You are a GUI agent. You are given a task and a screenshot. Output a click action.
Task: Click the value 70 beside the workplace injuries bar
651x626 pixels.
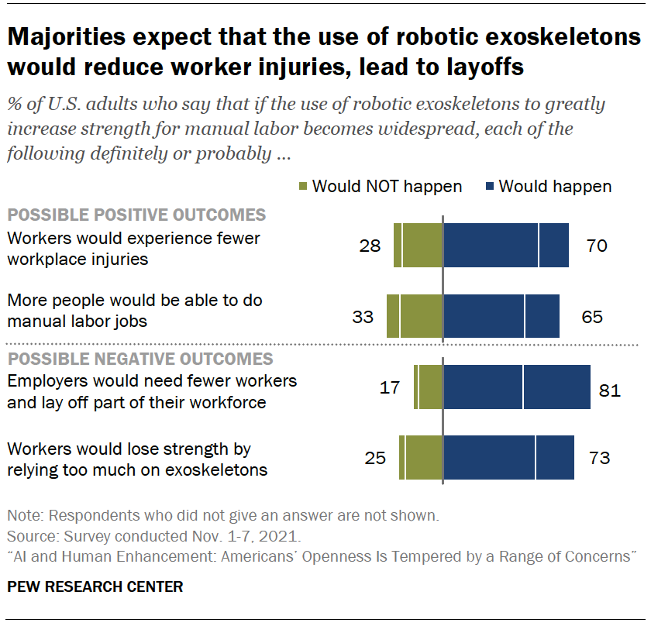click(597, 246)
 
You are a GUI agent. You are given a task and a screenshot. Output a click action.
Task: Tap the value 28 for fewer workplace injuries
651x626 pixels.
click(371, 246)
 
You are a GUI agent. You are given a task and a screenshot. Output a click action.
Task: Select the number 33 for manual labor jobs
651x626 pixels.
click(363, 317)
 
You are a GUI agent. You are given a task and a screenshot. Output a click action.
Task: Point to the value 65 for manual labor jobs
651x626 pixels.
click(592, 317)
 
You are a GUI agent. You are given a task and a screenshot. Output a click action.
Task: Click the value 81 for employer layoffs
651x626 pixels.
click(610, 390)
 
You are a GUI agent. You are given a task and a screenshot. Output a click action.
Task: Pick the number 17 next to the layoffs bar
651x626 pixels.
click(391, 387)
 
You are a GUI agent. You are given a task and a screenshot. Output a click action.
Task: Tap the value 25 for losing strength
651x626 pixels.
click(375, 458)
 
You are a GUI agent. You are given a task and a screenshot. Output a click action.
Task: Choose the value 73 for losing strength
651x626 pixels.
click(600, 458)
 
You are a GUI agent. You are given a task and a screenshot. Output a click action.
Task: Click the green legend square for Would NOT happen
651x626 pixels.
click(302, 186)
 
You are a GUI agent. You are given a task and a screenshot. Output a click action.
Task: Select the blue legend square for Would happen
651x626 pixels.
click(489, 186)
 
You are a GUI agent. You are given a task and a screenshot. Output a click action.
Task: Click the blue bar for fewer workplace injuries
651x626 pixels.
click(505, 246)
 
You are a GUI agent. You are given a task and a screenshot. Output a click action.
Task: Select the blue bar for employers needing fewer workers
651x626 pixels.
click(517, 387)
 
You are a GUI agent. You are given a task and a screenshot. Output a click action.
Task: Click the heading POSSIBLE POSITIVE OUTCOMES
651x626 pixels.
click(136, 215)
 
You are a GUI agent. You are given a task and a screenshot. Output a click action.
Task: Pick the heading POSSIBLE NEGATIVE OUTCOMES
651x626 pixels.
click(139, 359)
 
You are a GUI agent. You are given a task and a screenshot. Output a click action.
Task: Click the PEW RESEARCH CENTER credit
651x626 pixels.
click(95, 586)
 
